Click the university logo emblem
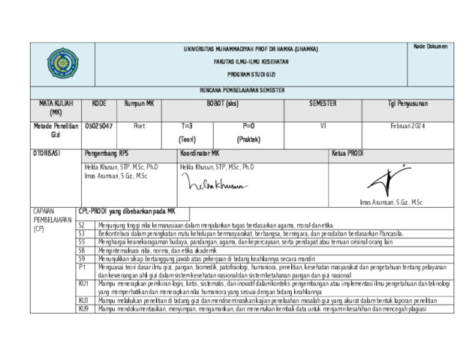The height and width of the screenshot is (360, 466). pyautogui.click(x=62, y=63)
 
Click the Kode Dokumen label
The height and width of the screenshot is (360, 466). pyautogui.click(x=430, y=46)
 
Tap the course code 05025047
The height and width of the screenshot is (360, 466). pyautogui.click(x=99, y=126)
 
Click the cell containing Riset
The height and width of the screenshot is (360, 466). pyautogui.click(x=139, y=126)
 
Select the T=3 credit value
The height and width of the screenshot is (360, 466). pyautogui.click(x=187, y=126)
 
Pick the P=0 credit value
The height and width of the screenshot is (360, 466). pyautogui.click(x=248, y=126)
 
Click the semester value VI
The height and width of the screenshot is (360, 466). pyautogui.click(x=323, y=126)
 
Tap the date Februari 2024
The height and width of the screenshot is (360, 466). pyautogui.click(x=407, y=126)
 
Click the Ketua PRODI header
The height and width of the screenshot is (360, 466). pyautogui.click(x=347, y=153)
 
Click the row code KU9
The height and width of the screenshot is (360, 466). pyautogui.click(x=83, y=307)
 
